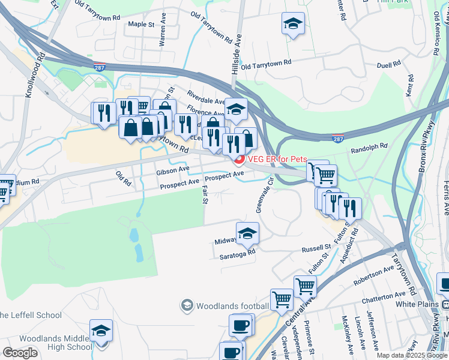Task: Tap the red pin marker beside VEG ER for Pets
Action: [x=239, y=160]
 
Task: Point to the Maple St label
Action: [x=142, y=25]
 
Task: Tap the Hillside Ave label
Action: [x=238, y=55]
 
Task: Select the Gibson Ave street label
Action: [x=173, y=170]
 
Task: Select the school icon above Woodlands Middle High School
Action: [x=101, y=331]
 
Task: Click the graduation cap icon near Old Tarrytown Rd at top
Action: [x=292, y=23]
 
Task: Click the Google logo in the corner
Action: [x=20, y=353]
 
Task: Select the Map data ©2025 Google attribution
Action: [x=412, y=355]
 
